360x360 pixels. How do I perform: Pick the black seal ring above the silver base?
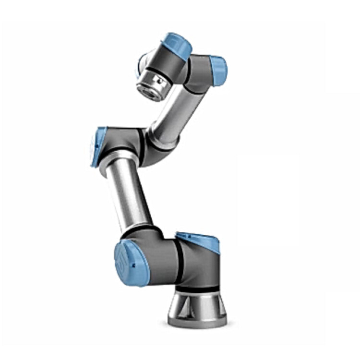197,288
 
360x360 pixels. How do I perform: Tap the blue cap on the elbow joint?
98,146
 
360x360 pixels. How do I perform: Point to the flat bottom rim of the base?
197,321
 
